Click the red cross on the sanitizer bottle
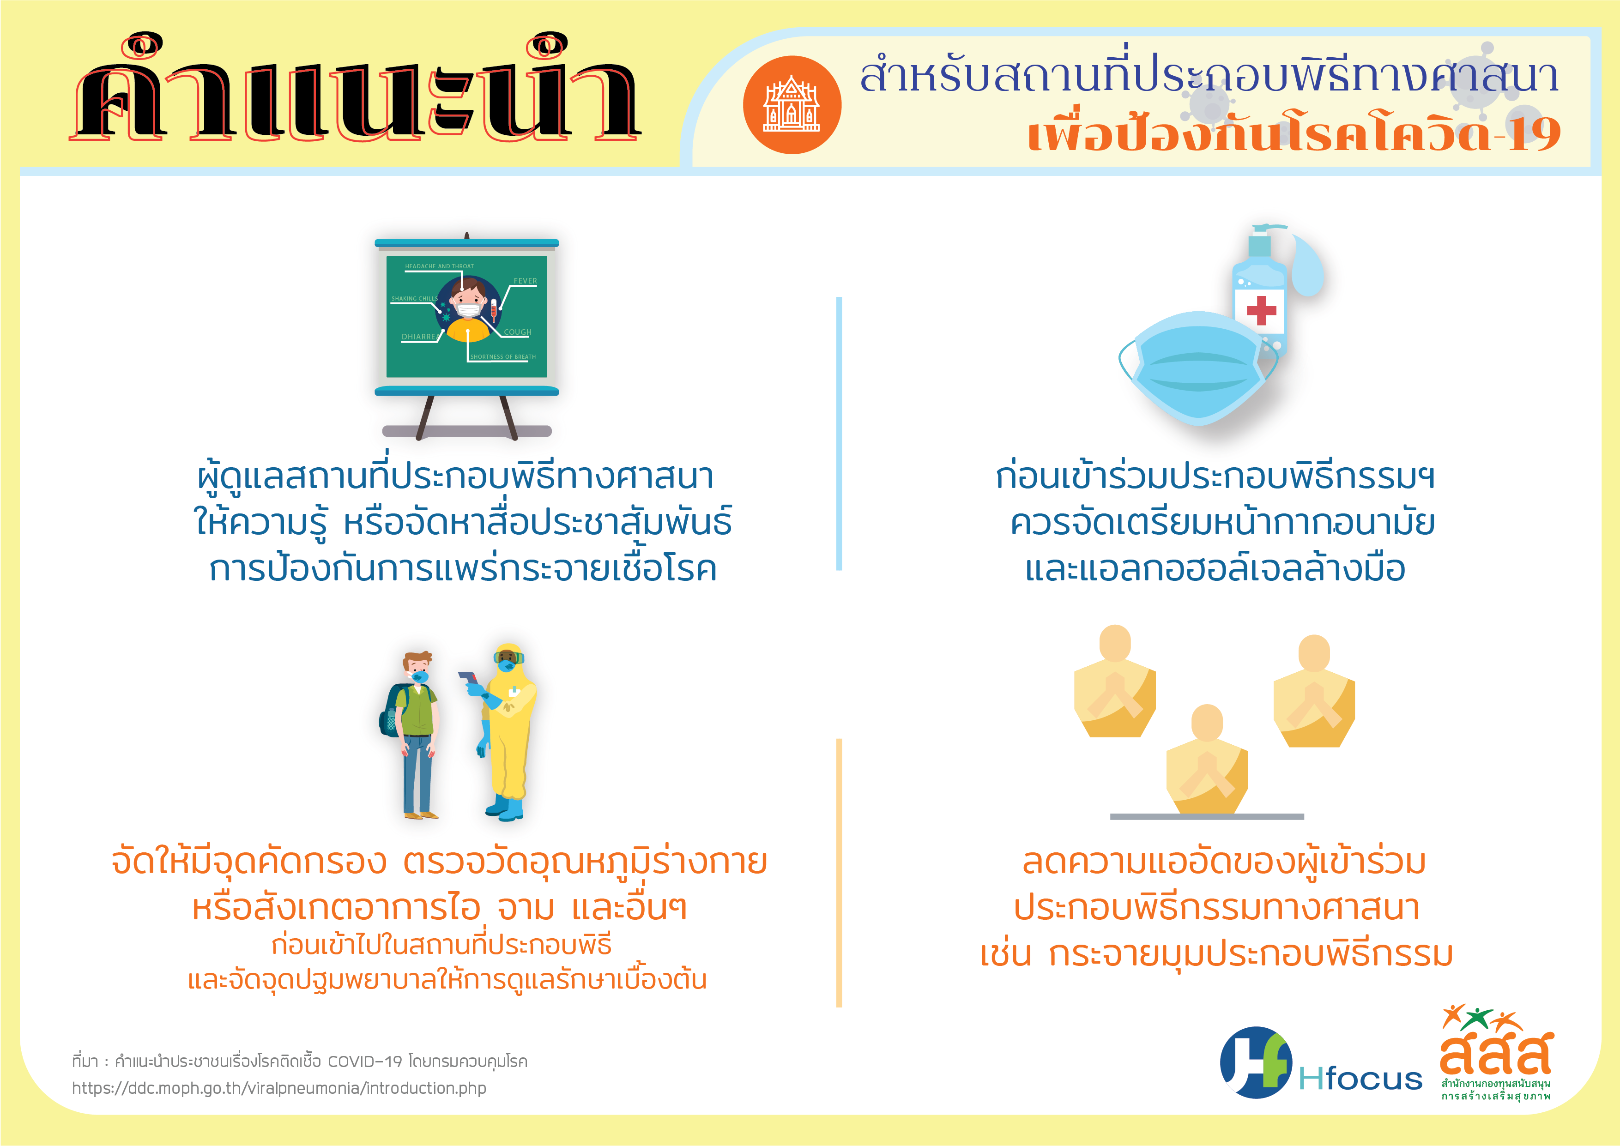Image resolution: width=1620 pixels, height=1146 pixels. (1261, 310)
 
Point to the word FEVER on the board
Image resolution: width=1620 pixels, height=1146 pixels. (525, 281)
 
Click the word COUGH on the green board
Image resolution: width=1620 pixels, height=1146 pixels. (517, 332)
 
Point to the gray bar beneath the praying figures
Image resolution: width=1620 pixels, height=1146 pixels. (1207, 816)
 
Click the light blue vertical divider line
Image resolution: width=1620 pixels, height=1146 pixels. (839, 433)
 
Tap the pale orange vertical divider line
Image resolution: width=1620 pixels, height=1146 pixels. (839, 873)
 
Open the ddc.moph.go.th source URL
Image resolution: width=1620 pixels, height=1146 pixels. (279, 1088)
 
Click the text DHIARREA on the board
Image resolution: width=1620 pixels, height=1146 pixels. (419, 337)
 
